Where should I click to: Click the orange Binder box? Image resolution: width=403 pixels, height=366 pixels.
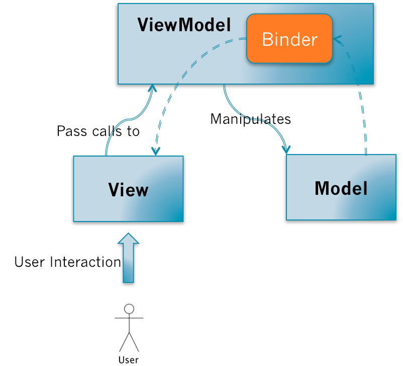tap(289, 39)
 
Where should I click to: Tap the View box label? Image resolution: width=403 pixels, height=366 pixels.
tap(128, 190)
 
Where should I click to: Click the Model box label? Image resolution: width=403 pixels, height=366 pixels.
tap(341, 188)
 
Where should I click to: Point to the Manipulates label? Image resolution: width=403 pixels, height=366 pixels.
tap(250, 119)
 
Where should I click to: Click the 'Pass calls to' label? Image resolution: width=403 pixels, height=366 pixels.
tap(98, 131)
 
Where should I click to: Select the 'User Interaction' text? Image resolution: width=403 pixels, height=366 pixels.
tap(67, 262)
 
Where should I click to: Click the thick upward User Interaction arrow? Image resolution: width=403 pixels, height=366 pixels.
tap(128, 259)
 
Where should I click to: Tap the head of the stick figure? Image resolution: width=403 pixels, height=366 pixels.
tap(129, 309)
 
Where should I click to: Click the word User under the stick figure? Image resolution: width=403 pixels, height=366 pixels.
tap(128, 359)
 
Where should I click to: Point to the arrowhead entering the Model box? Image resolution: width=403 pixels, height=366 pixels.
tap(286, 150)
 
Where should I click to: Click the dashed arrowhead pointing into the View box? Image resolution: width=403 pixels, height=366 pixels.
tap(155, 151)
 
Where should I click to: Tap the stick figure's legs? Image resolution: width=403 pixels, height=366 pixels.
tap(129, 341)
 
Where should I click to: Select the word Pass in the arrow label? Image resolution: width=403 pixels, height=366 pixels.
tap(67, 131)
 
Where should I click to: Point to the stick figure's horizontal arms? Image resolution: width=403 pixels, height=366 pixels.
tap(129, 318)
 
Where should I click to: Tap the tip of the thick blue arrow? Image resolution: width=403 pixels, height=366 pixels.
tap(128, 235)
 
